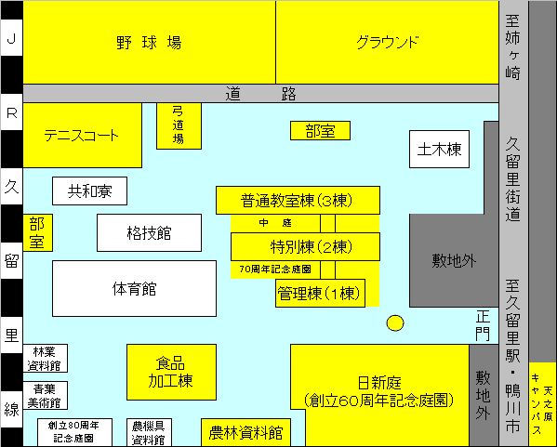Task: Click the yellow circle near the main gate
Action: coord(395,323)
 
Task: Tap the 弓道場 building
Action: coord(179,126)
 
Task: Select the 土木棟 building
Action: coord(440,149)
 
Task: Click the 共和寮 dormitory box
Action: coord(89,191)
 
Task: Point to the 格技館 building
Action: coord(149,233)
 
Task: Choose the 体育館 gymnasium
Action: coord(134,289)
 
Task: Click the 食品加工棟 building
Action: coord(172,372)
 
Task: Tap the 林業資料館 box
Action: coord(46,358)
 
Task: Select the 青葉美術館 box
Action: coord(46,396)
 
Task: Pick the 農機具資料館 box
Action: coord(149,432)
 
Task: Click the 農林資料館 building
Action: coord(245,432)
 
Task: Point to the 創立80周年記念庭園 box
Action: coord(74,432)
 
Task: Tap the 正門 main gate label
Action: coord(483,325)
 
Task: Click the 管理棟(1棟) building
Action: coord(320,294)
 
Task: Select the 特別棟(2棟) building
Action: coord(306,247)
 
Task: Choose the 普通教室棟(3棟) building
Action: coord(298,200)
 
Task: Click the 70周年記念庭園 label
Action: coord(275,270)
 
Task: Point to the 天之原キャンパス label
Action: coord(543,404)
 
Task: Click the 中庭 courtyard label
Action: coord(275,223)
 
